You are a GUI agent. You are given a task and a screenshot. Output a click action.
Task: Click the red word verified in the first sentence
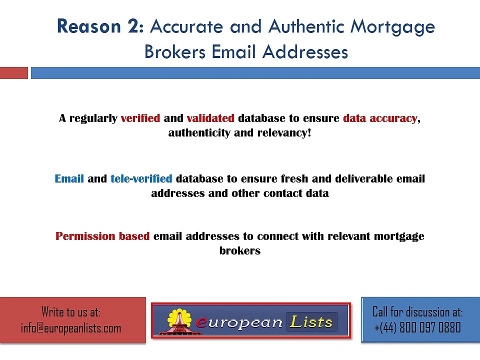point(140,118)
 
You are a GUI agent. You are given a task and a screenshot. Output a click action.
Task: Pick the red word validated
point(210,118)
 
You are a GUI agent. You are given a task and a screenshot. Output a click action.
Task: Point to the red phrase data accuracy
point(380,118)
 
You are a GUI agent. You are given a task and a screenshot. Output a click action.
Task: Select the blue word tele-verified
point(141,178)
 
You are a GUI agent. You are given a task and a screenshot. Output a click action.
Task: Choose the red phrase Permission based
point(102,236)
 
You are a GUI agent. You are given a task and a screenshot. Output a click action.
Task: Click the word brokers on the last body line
point(240,251)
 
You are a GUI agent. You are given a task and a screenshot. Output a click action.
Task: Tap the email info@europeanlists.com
point(71,328)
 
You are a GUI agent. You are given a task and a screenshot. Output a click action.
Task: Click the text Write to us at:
point(71,313)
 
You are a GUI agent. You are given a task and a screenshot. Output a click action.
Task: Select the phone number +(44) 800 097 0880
point(417,328)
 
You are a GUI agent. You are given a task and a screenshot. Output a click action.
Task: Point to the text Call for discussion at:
point(417,312)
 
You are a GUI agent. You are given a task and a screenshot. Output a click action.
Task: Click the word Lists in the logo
point(311,322)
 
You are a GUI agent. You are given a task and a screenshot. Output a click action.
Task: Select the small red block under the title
point(14,73)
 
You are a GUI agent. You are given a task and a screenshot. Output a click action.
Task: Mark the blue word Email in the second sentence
point(69,178)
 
